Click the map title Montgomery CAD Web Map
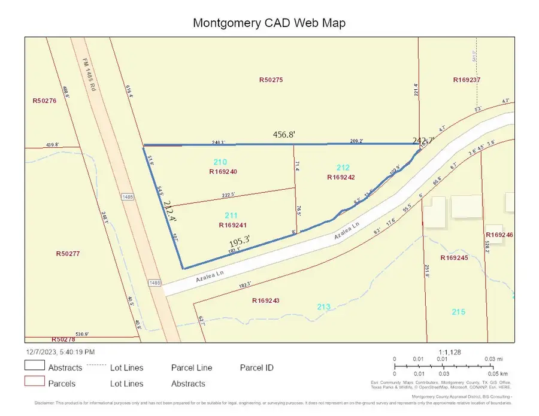coord(269,23)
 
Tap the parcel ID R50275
coord(274,80)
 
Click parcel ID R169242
coord(341,177)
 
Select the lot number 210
coord(220,162)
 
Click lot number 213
coord(324,307)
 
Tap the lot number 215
coord(458,312)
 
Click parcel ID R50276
coord(44,101)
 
